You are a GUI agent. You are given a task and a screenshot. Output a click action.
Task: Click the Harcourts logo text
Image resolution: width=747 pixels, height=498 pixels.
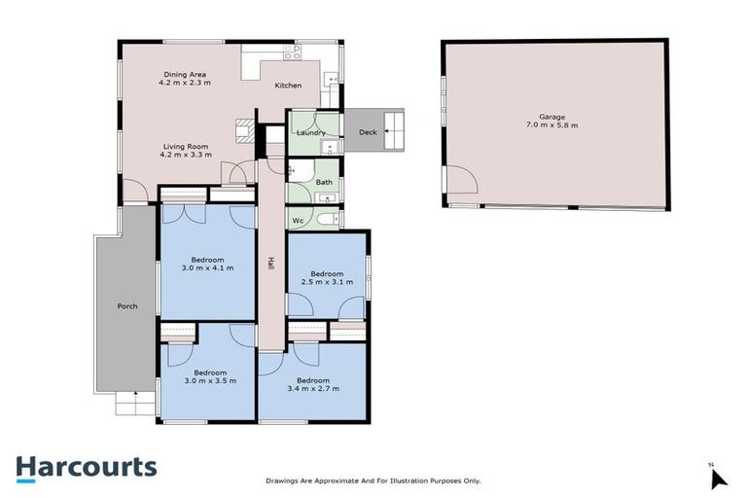point(86,467)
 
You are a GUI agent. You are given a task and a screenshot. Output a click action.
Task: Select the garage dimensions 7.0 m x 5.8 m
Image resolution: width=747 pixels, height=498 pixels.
point(552,125)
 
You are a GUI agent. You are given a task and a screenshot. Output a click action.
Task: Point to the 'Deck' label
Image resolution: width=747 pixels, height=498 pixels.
point(367,132)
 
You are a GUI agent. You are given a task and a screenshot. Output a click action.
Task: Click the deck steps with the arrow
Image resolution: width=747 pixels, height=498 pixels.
point(395,130)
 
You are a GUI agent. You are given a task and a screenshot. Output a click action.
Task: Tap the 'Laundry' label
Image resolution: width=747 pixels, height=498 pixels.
point(310,132)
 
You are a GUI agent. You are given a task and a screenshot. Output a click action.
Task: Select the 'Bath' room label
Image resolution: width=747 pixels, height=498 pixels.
point(324,182)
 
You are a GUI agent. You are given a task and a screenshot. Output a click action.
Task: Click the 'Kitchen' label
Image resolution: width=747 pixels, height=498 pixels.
point(288,86)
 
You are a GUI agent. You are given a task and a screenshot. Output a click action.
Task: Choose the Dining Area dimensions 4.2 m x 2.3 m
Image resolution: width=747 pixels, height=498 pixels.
point(184,83)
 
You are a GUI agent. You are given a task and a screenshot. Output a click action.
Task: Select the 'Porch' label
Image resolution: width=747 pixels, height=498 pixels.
point(126,305)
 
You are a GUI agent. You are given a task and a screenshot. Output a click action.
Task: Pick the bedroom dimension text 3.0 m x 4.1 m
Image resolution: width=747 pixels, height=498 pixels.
point(208,267)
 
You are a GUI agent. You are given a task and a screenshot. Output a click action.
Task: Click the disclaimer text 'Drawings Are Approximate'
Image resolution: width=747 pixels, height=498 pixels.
point(373,480)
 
